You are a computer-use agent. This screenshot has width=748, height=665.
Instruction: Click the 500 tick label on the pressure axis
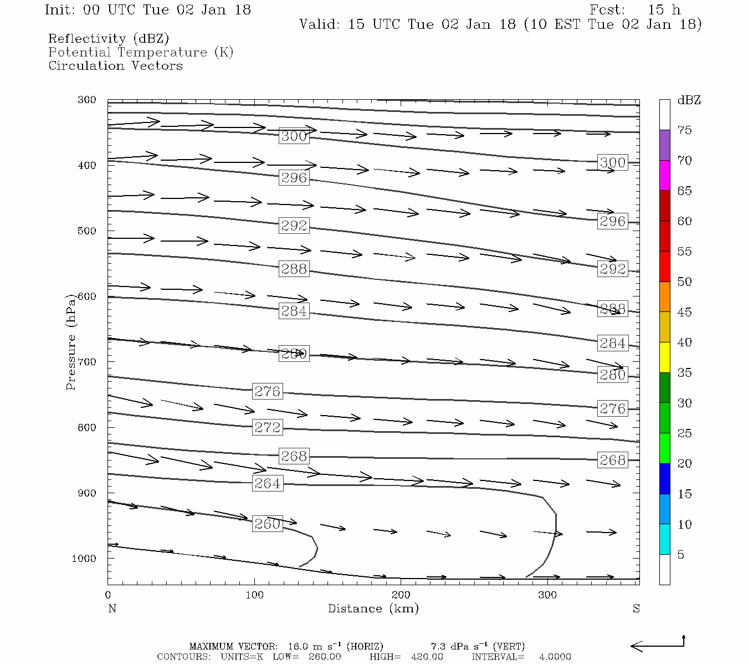coord(87,231)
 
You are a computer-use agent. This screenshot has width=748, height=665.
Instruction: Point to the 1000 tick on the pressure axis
coord(84,559)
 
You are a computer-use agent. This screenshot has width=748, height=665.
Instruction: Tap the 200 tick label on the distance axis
coord(401,595)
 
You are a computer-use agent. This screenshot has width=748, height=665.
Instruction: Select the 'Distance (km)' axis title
coord(373,608)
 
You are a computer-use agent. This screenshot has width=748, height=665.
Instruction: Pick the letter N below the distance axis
coord(112,608)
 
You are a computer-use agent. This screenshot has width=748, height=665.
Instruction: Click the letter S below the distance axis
coord(636,608)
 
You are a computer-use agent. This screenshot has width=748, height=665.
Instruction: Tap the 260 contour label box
coord(267,524)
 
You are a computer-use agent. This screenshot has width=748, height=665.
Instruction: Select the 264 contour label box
coord(267,483)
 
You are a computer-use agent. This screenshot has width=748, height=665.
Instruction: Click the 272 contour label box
coord(267,427)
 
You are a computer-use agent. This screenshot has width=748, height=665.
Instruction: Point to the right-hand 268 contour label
coord(612,460)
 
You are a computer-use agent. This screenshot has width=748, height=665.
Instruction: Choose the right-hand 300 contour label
coord(612,162)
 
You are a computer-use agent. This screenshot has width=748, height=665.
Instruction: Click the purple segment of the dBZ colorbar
coord(664,145)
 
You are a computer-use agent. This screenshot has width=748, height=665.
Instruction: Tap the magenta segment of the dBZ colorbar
coord(664,176)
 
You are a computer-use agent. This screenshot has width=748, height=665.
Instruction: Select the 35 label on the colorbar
coord(685,373)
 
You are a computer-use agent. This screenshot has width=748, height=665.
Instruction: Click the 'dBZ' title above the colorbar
coord(689,100)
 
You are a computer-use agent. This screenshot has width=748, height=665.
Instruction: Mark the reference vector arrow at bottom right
coord(658,645)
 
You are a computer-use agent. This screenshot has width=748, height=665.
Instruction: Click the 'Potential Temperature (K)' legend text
coord(141,53)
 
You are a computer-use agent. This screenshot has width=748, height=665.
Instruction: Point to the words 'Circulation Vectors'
coord(115,66)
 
